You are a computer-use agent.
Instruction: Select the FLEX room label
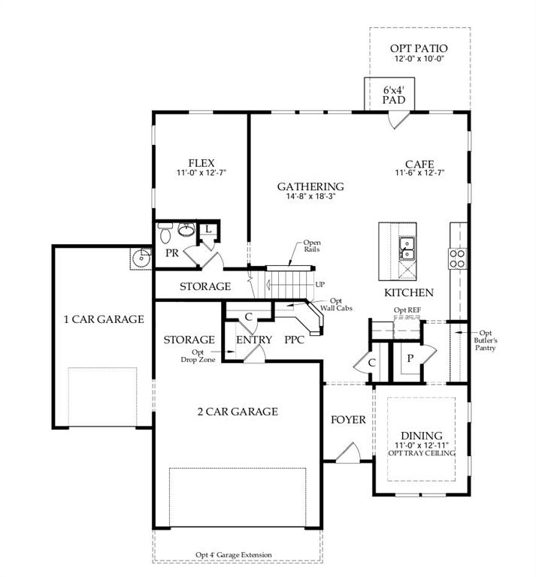(x=201, y=162)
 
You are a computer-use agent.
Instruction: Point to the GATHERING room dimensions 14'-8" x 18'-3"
(x=310, y=198)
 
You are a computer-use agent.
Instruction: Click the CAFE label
(x=419, y=163)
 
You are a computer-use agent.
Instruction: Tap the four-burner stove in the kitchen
(x=457, y=258)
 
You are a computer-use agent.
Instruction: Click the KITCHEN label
(x=408, y=292)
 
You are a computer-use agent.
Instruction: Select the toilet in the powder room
(x=165, y=233)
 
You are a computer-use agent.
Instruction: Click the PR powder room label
(x=171, y=253)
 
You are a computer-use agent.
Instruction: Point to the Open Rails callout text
(x=312, y=246)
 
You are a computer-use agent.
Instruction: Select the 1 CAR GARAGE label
(x=103, y=319)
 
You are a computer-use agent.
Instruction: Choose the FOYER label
(x=348, y=419)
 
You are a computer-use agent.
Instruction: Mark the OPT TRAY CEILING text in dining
(x=421, y=454)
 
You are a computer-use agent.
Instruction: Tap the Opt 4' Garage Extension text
(x=234, y=555)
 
